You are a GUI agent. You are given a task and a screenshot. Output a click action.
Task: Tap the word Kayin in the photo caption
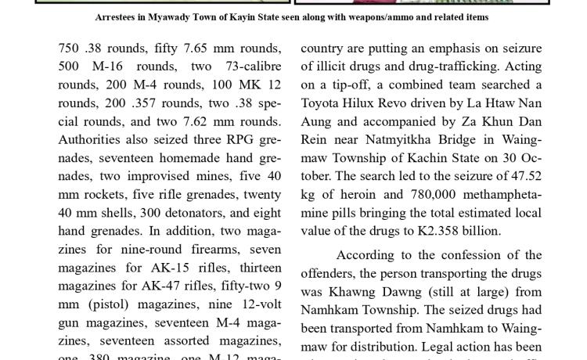point(257,16)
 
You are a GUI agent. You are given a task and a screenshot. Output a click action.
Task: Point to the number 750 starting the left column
point(70,49)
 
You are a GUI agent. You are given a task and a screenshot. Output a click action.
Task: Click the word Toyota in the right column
point(324,103)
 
